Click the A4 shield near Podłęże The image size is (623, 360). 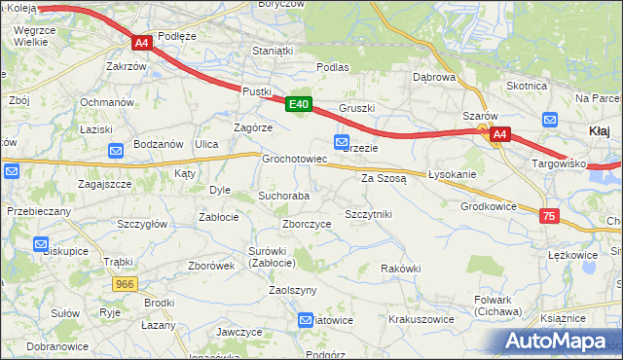click(141, 43)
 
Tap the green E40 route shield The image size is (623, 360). click(299, 104)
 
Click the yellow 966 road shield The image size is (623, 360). click(124, 284)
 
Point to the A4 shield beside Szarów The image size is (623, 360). click(499, 134)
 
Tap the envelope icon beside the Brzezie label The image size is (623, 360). click(342, 142)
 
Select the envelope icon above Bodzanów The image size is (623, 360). click(116, 150)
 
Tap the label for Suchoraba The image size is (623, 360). click(283, 196)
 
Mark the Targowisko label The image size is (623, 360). click(558, 163)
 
